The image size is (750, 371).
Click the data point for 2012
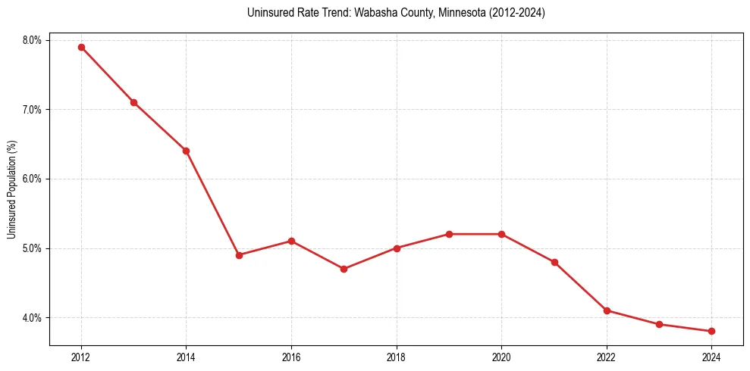(81, 47)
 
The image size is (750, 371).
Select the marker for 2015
(239, 255)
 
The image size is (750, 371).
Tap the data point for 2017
(344, 269)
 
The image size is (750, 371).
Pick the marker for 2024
(711, 331)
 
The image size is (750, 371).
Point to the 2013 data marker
(133, 102)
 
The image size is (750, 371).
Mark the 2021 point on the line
(554, 262)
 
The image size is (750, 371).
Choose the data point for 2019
(449, 234)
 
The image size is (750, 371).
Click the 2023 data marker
(659, 324)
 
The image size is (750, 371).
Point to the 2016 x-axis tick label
(291, 357)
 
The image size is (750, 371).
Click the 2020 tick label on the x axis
(501, 357)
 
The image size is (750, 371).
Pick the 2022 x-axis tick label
(607, 357)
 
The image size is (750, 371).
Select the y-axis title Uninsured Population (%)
(11, 189)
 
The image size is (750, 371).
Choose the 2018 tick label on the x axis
(397, 357)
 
